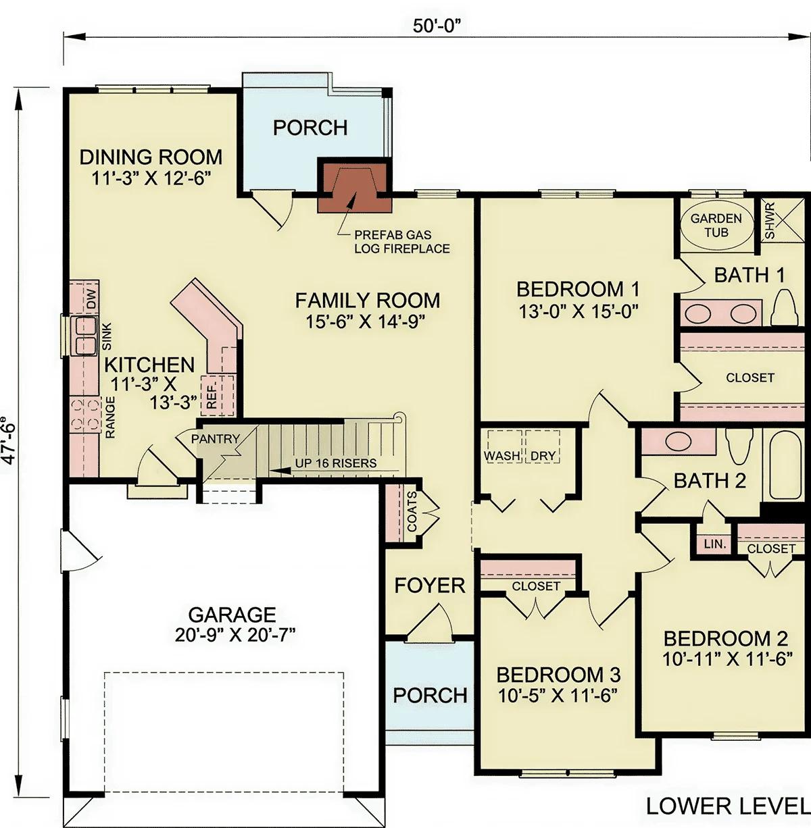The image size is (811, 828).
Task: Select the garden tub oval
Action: coord(717,226)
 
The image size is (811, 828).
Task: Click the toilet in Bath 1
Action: coord(787,308)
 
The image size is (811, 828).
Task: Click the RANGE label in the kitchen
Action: coord(110,417)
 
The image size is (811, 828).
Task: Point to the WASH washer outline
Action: coord(503,446)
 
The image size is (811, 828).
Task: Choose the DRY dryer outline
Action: coord(543,446)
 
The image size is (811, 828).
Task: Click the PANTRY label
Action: coord(215,439)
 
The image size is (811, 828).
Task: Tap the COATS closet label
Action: coord(412,511)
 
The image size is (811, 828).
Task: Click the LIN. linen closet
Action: coord(714,544)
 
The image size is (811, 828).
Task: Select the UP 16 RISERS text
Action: coord(335,463)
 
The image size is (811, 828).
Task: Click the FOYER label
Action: coord(430,586)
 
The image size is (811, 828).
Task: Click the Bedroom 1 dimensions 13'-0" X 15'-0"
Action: coord(578,311)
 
